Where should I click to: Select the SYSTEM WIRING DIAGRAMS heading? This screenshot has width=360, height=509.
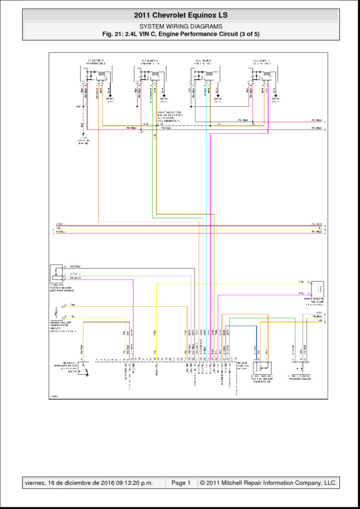(x=180, y=26)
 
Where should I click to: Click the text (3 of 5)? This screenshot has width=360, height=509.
(x=247, y=34)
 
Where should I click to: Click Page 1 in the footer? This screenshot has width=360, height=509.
(x=181, y=483)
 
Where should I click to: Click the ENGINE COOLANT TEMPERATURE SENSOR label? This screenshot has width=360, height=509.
(x=65, y=326)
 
